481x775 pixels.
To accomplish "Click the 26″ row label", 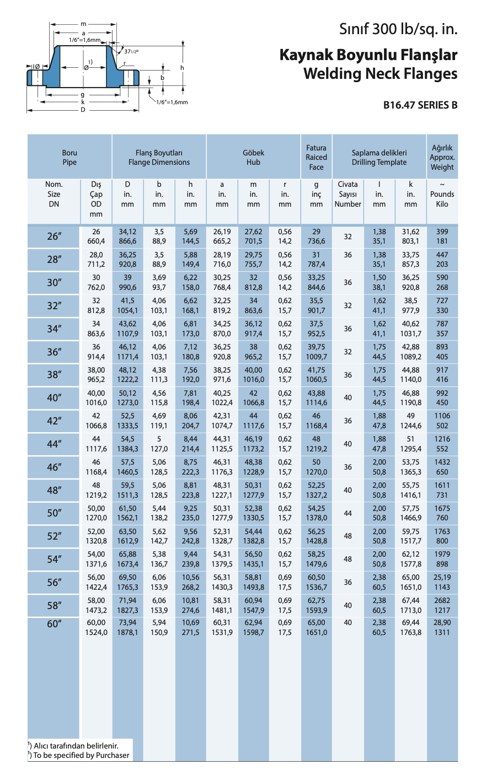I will coord(54,236).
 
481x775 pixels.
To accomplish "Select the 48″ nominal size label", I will coord(54,490).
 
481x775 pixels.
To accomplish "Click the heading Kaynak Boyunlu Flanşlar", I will coord(368,55).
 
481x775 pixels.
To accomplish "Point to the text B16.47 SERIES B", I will coord(420,105).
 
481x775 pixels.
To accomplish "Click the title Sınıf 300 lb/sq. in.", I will coord(398,29).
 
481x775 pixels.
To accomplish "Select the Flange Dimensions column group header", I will coord(159,158).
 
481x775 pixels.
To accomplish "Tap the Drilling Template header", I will coord(379,158).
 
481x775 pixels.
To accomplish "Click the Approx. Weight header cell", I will coord(442,158).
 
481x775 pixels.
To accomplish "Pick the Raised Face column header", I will coord(316,158).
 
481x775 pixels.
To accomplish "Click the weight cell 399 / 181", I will coord(442,236).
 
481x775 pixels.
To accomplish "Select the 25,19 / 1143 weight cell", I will coord(442,582).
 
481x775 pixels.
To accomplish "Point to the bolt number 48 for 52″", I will coord(348,536).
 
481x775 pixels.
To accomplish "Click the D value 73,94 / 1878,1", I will coord(127,627).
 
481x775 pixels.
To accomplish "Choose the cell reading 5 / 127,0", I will coord(159,444).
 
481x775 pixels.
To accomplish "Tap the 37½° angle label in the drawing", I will coord(131,51).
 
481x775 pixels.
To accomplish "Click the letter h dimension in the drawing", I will coord(181,67).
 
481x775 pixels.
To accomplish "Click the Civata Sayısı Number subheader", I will coord(348,194).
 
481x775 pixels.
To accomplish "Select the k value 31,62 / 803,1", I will coord(410,236).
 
